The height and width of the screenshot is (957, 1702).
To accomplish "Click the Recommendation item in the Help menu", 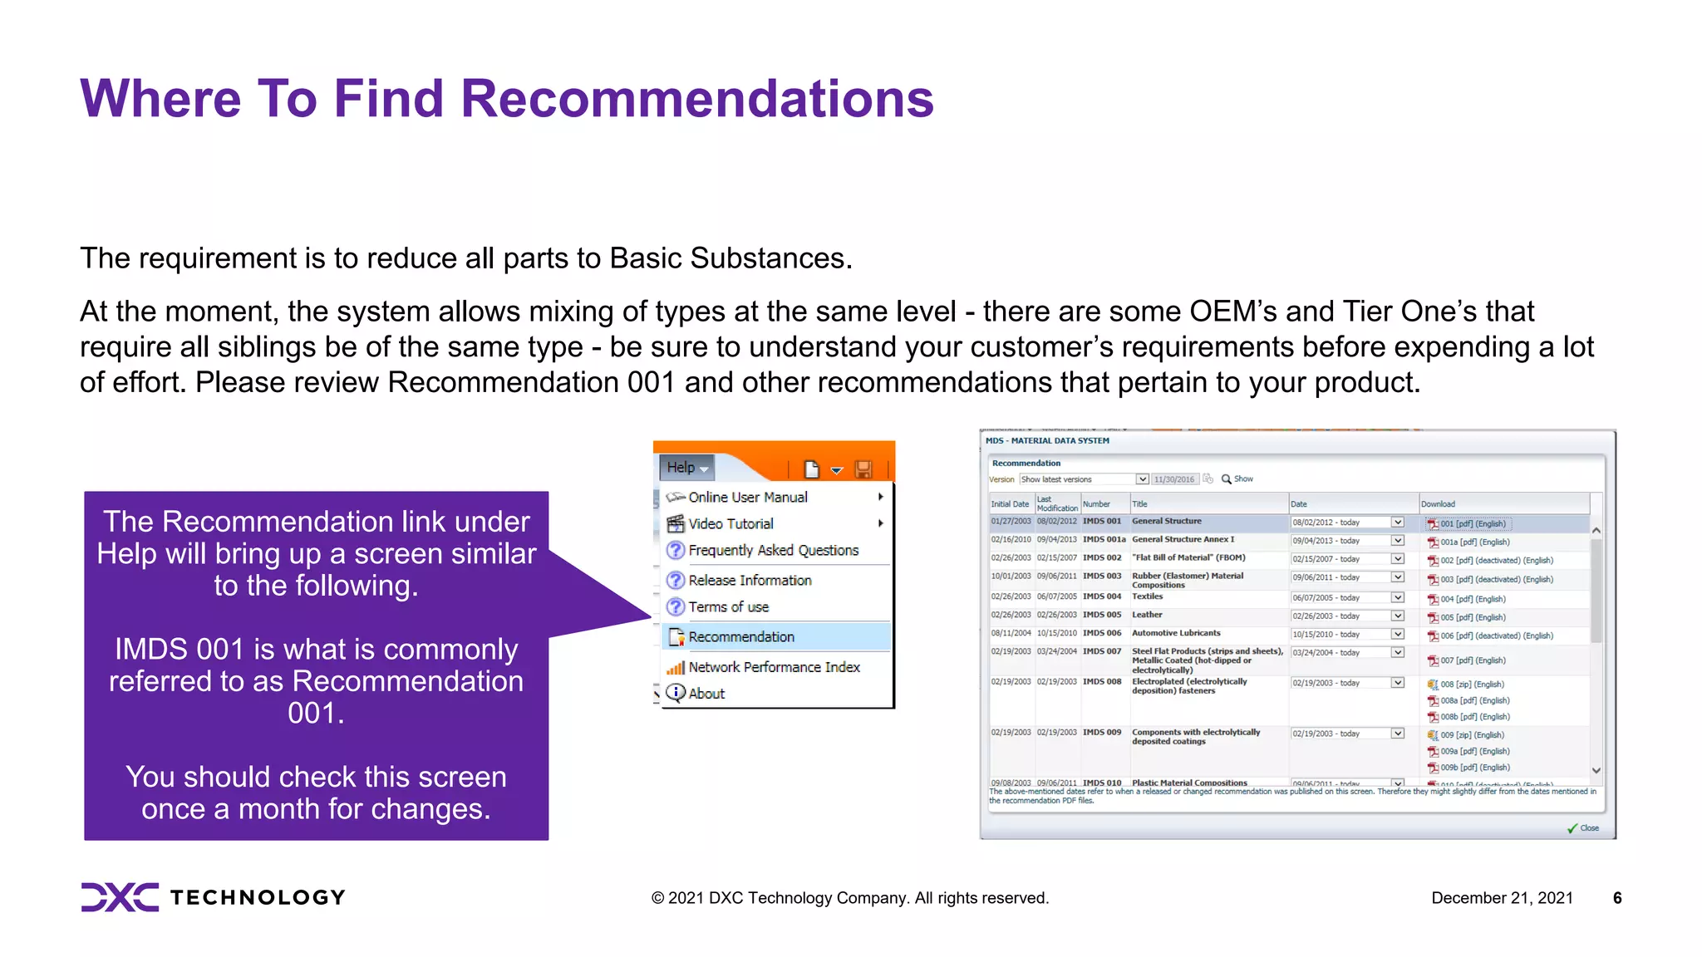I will pos(741,637).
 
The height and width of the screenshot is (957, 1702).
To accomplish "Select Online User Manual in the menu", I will pos(747,497).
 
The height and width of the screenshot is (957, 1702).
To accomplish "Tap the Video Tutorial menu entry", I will pos(730,523).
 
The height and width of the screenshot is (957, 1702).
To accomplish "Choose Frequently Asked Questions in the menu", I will pos(773,550).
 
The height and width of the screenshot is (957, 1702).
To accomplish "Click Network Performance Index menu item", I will pos(774,667).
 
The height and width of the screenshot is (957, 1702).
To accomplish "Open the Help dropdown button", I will pos(686,468).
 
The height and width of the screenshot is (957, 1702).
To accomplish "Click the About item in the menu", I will pos(706,694).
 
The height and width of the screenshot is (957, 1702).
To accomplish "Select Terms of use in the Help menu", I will pos(728,607).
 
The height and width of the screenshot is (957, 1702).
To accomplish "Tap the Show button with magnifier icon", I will pos(1237,479).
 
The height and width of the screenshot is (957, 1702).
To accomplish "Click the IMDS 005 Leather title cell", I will pos(1147,616).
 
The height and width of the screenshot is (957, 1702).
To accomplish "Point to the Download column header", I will pos(1438,504).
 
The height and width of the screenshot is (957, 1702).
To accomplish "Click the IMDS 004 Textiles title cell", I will pos(1147,597).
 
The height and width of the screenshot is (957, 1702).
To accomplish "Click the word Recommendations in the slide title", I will pos(696,98).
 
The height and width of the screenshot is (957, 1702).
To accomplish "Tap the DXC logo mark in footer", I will pos(120,897).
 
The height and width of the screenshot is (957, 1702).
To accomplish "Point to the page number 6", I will pos(1617,898).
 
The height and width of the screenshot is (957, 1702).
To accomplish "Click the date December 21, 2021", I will pos(1502,898).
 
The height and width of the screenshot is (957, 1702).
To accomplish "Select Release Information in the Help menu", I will pos(750,581).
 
